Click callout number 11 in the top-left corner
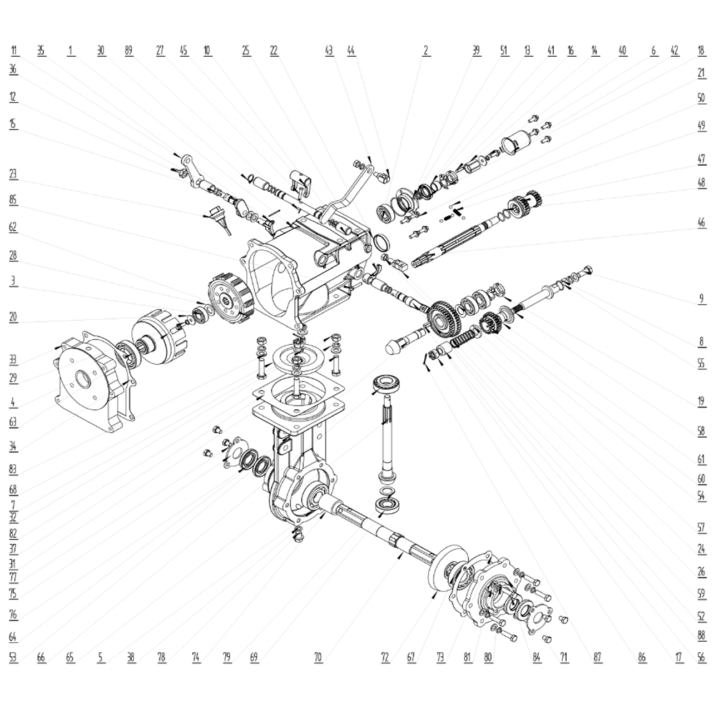pos(14,51)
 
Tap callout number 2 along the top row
pos(426,51)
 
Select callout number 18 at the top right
pos(702,51)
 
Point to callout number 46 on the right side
pos(701,223)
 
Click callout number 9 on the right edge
pos(701,299)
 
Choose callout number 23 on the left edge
pos(13,174)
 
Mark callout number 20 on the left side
pos(13,317)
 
